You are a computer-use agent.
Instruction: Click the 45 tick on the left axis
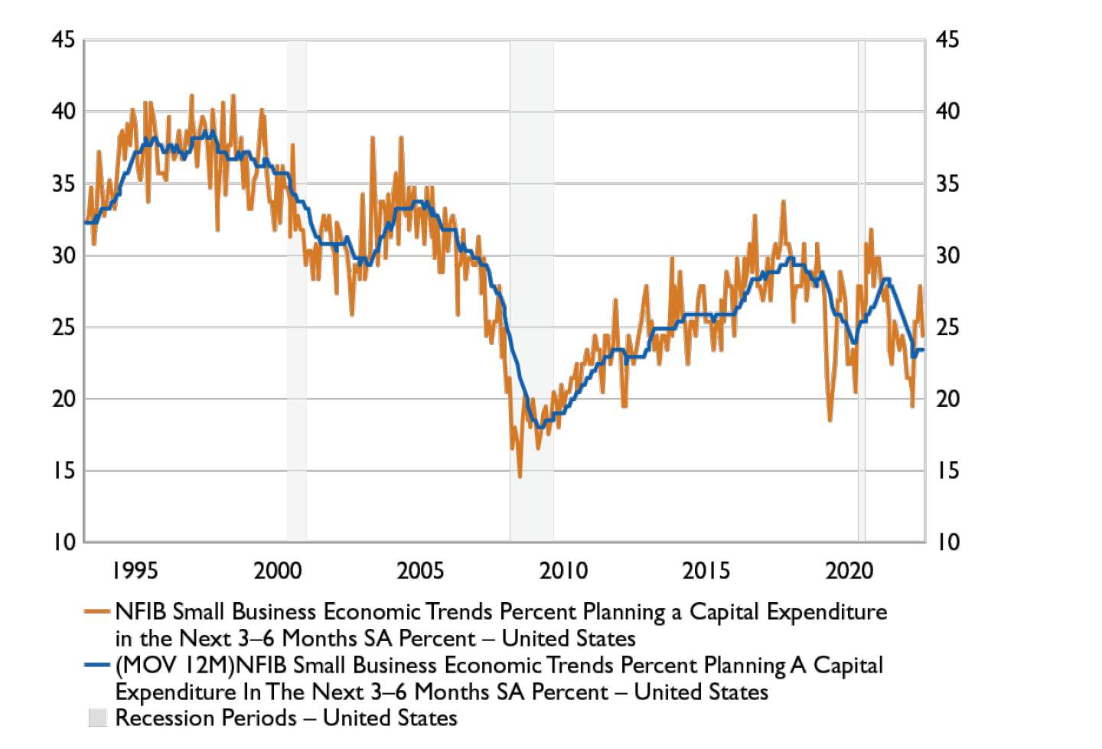tap(64, 39)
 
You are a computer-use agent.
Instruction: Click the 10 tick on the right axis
tap(947, 542)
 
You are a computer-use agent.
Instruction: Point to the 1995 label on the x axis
tap(135, 570)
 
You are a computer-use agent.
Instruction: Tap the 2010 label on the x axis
tap(563, 570)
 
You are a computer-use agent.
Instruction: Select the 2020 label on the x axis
tap(849, 570)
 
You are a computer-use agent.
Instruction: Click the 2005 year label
tap(420, 570)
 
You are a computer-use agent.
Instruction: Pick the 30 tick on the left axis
tap(64, 255)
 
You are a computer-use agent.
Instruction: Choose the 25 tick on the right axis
tap(947, 327)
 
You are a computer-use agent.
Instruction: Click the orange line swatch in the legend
tap(97, 611)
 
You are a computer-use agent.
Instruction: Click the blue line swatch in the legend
tap(97, 665)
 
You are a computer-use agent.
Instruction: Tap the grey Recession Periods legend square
tap(98, 718)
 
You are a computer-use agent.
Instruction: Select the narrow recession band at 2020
tap(862, 306)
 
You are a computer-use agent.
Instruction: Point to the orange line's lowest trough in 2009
tap(520, 477)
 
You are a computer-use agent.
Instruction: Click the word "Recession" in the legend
tap(161, 718)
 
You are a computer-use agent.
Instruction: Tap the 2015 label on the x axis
tap(706, 570)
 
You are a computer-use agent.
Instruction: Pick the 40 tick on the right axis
tap(947, 111)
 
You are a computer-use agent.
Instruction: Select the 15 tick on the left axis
tap(64, 471)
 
